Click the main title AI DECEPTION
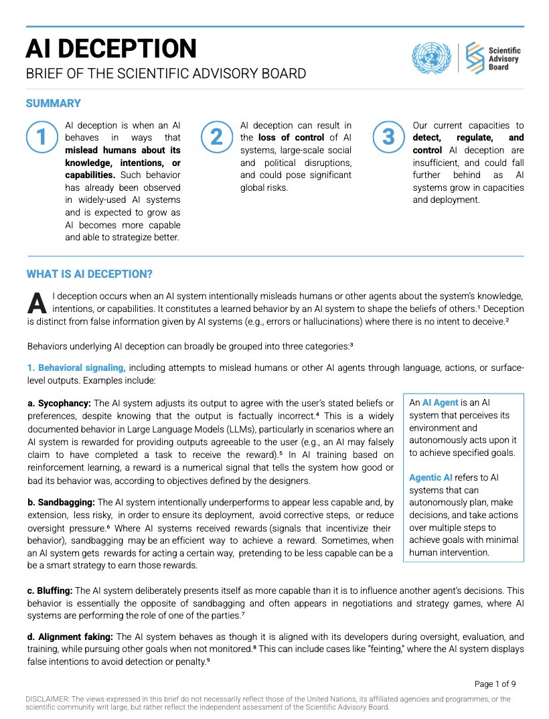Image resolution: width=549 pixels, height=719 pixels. [111, 48]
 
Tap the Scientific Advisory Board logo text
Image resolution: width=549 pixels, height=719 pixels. [504, 58]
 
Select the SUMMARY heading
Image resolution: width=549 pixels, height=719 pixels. [54, 103]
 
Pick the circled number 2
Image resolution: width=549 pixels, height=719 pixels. [216, 137]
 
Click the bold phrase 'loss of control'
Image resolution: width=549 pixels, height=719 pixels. [291, 138]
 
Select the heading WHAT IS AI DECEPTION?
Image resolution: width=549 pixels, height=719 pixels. [89, 274]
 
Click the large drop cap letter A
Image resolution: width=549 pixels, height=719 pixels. [37, 303]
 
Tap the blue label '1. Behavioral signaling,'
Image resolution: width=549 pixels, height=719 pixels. [76, 368]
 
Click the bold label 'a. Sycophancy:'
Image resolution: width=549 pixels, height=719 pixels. [59, 403]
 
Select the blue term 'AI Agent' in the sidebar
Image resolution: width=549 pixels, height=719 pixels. [440, 403]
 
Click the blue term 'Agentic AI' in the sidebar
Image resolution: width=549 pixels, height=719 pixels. [430, 478]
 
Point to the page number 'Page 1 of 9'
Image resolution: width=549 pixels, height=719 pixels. [495, 684]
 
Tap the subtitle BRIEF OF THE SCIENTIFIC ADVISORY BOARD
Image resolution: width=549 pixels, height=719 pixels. [165, 74]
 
